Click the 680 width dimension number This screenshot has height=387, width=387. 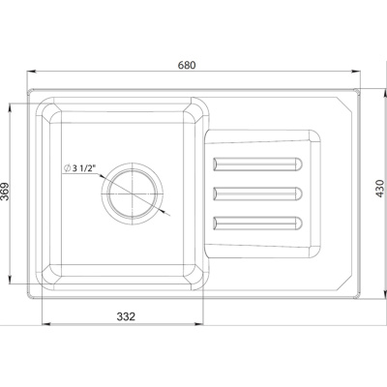(187, 65)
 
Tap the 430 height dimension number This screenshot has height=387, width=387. (380, 189)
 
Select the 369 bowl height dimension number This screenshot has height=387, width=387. (5, 192)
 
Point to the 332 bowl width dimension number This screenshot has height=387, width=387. (126, 316)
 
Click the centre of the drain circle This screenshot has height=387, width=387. (133, 193)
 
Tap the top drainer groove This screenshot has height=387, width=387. (257, 164)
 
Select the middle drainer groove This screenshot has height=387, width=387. (257, 193)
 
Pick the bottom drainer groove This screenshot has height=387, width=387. (257, 223)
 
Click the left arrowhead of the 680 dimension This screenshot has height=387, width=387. (31, 72)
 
